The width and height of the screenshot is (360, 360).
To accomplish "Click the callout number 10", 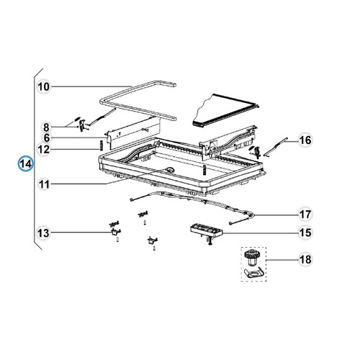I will tap(43, 87).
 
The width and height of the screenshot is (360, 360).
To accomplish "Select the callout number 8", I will tap(46, 126).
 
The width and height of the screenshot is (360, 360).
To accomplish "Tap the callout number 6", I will tap(46, 138).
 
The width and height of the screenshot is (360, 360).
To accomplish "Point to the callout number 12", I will tap(43, 150).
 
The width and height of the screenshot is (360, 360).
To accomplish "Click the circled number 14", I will tap(25, 164).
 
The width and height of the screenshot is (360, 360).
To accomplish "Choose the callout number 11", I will tap(43, 185).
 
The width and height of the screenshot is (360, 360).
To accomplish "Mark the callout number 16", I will tap(305, 140).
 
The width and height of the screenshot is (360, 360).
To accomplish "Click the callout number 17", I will tap(305, 215).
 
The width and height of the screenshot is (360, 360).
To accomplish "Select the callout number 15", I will tap(305, 232).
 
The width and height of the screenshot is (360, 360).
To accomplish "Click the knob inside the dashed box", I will tap(251, 257).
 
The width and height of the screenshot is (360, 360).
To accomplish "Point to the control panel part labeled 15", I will tap(205, 230).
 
